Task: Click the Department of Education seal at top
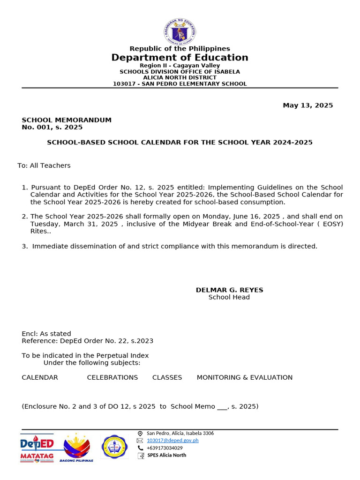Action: [x=180, y=32]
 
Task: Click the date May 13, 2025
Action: [x=307, y=105]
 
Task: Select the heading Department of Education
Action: [x=180, y=58]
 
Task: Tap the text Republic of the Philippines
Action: [x=180, y=49]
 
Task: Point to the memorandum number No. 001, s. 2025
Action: [x=52, y=127]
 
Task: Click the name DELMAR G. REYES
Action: [x=229, y=290]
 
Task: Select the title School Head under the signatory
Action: [x=229, y=297]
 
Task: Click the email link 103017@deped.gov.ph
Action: [x=172, y=441]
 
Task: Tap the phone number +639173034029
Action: [x=165, y=448]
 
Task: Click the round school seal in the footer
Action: [x=114, y=447]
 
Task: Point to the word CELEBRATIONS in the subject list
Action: [x=112, y=377]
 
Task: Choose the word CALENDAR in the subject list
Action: [x=40, y=377]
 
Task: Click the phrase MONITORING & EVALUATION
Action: [x=244, y=377]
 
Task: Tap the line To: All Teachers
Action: [x=44, y=165]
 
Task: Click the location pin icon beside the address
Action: [x=140, y=434]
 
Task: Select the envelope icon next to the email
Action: [x=140, y=441]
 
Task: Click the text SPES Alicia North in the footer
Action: [x=166, y=455]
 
